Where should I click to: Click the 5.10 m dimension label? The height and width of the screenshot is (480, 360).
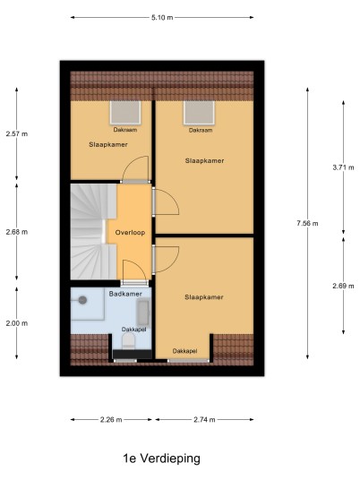[162, 17]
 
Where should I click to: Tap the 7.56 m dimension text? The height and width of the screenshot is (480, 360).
[307, 224]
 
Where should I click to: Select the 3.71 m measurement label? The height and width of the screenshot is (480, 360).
[343, 167]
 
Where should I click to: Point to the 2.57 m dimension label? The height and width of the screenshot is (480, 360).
[17, 133]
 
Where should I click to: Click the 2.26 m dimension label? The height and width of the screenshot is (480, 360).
[111, 419]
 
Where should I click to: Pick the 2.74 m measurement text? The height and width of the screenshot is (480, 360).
[204, 419]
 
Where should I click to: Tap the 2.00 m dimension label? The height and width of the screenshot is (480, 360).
[17, 323]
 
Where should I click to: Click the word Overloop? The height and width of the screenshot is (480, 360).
[130, 233]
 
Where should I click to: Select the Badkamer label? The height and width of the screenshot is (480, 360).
[125, 294]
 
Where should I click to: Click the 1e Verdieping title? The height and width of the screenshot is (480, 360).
[161, 459]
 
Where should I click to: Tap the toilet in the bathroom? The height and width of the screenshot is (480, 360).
[129, 340]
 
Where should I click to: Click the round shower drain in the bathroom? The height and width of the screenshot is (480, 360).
[82, 300]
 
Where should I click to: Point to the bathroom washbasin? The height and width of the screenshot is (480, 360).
[143, 313]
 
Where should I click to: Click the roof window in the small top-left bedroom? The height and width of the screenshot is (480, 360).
[125, 113]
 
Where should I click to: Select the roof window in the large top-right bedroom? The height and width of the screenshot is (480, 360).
[199, 113]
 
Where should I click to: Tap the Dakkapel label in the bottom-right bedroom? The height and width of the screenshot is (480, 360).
[184, 351]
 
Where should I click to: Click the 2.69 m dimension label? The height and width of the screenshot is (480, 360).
[343, 286]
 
